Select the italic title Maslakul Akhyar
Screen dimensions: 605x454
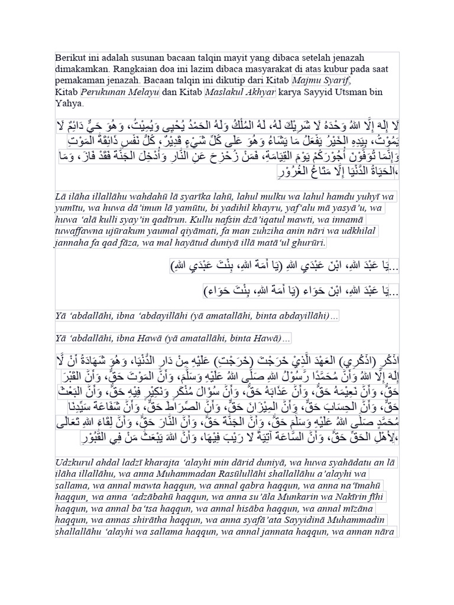click(x=232, y=92)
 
